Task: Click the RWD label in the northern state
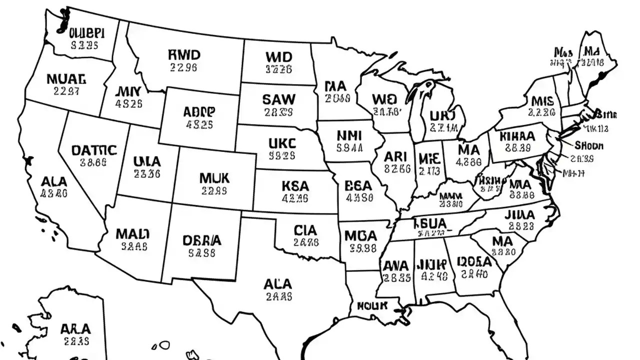point(184,54)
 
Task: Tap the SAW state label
point(278,99)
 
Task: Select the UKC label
point(282,143)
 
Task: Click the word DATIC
point(94,150)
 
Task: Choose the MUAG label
point(66,78)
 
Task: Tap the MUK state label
point(214,178)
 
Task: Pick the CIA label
point(305,230)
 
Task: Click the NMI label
point(349,135)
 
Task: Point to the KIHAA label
point(517,136)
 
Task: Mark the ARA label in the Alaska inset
point(75,329)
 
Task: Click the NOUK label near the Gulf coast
point(372,305)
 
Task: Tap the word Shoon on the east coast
point(589,146)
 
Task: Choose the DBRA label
point(202,240)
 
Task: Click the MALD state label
point(132,233)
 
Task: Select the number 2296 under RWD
point(183,67)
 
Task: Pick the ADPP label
point(199,111)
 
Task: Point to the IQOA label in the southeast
point(474,261)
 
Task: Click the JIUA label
point(519,215)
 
